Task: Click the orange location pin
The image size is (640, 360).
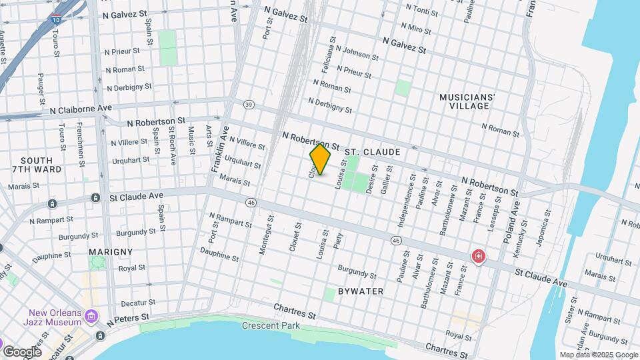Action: pos(320,159)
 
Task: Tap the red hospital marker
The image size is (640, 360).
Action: pos(478,256)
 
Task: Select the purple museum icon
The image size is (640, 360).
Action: pos(92,315)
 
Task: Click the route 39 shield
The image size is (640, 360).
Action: pos(249,105)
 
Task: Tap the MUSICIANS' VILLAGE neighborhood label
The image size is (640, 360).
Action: pos(467,101)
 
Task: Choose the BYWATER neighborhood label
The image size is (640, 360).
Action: pos(360,291)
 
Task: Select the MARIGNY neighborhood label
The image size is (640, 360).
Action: pos(110,252)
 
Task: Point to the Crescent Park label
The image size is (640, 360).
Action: pos(271,325)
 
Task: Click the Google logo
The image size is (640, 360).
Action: pos(22,351)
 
